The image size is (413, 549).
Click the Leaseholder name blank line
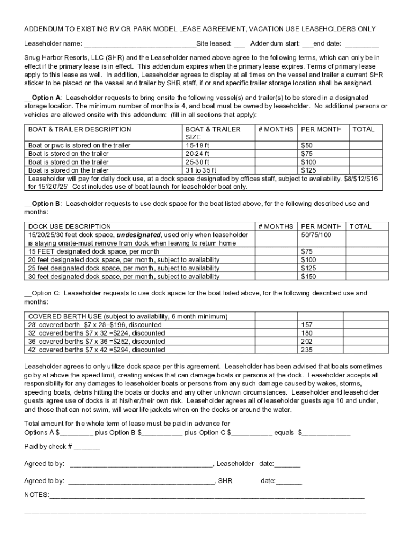click(x=139, y=44)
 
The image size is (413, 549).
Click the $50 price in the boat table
click(x=307, y=145)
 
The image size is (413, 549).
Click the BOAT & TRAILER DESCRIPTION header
click(x=79, y=129)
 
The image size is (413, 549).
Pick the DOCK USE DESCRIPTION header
click(x=64, y=227)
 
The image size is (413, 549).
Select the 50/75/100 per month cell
click(x=316, y=235)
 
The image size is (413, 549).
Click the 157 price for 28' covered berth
click(x=307, y=325)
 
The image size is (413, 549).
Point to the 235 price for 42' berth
click(x=307, y=350)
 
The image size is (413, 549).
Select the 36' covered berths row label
click(x=97, y=342)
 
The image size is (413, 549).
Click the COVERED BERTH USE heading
click(x=64, y=316)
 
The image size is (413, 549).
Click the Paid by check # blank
click(x=87, y=447)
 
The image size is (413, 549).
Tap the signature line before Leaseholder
click(x=141, y=464)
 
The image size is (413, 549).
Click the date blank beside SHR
click(x=289, y=481)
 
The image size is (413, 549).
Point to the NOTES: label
click(x=36, y=494)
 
